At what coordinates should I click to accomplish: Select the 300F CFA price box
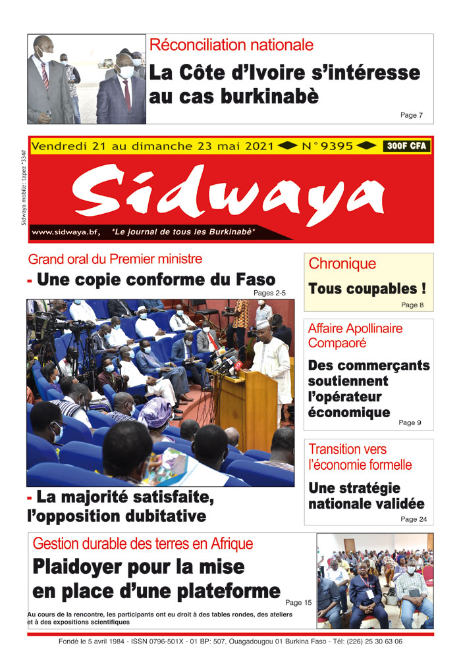[406, 146]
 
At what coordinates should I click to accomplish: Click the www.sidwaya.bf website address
[66, 232]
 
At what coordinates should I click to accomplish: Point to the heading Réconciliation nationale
[231, 45]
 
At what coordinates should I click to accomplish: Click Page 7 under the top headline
[411, 115]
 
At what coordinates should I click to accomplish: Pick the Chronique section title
[342, 264]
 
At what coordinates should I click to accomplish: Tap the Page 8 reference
[412, 305]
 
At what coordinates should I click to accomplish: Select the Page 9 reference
[410, 422]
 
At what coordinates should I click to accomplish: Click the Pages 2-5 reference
[270, 293]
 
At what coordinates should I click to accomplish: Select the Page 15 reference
[298, 602]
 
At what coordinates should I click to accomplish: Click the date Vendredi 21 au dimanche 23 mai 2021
[152, 146]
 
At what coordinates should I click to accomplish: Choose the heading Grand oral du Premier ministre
[115, 259]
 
